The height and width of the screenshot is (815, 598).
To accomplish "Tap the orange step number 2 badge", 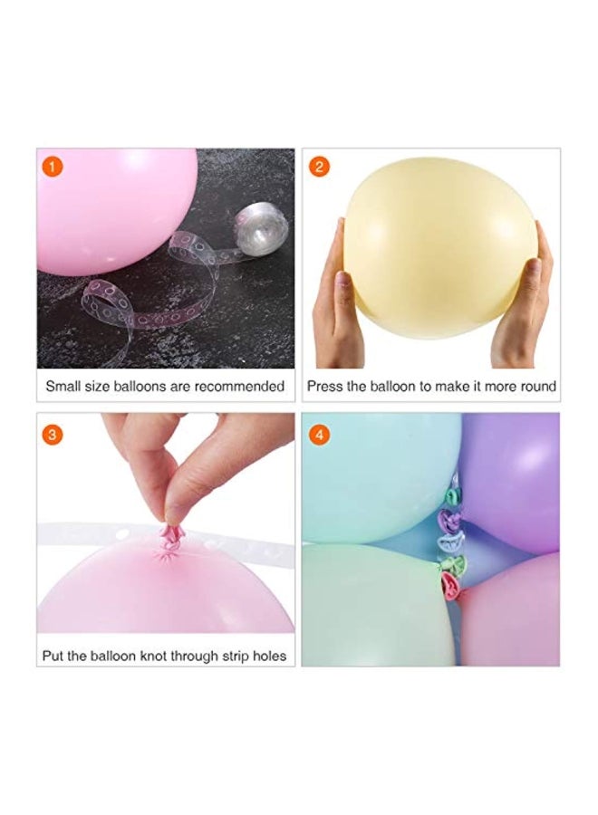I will click(320, 167).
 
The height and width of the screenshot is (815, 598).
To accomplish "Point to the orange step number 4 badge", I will click(320, 435).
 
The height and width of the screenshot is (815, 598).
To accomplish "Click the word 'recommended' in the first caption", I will click(239, 386).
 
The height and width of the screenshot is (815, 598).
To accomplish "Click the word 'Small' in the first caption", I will click(63, 386).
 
